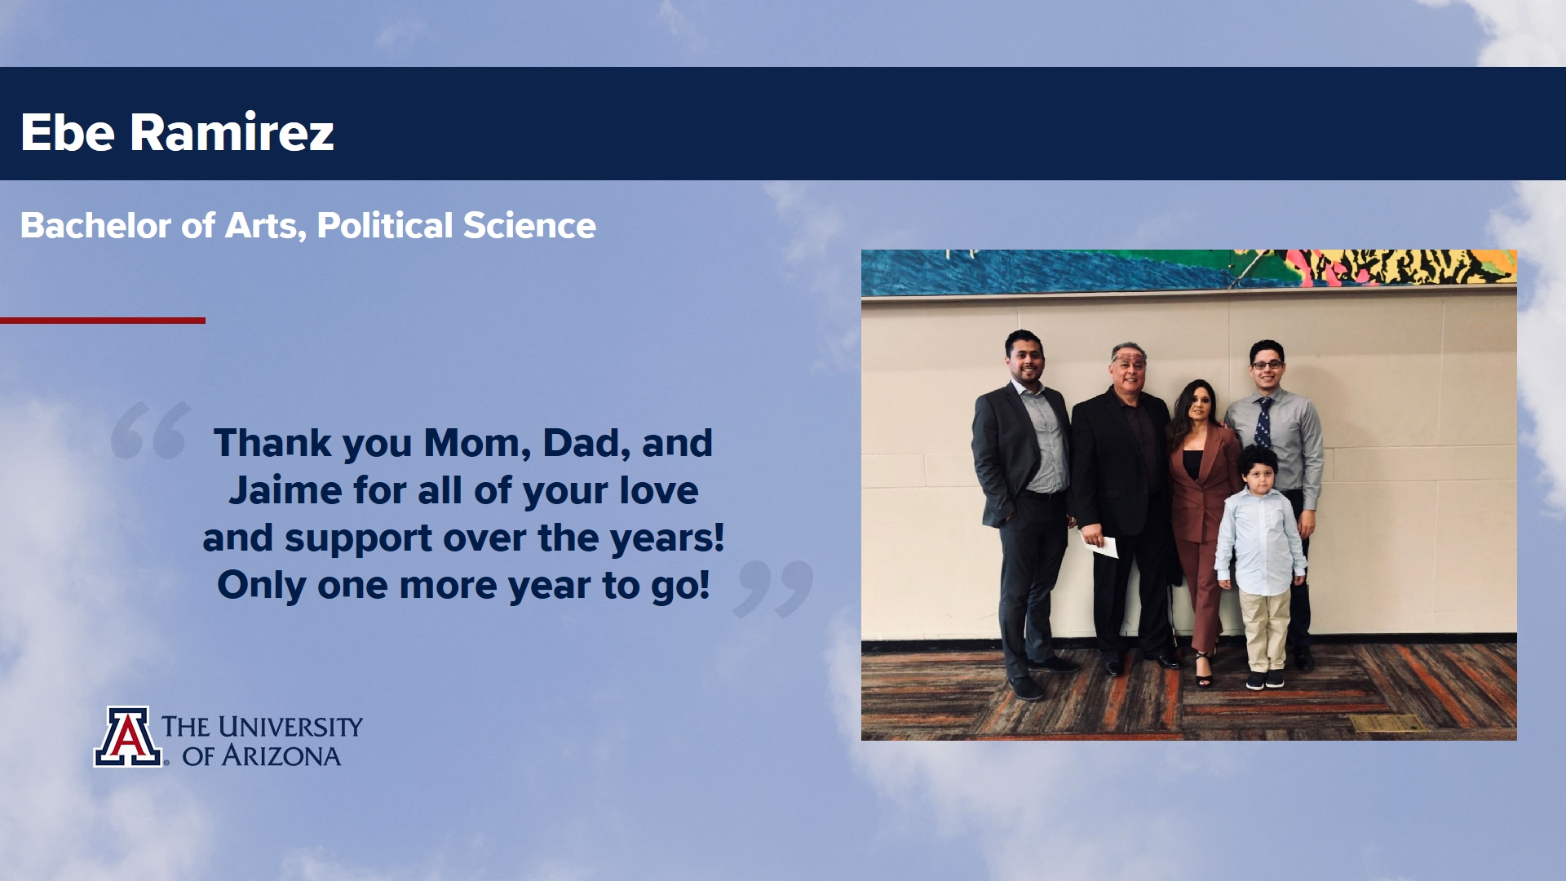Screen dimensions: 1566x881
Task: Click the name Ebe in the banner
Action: click(x=68, y=132)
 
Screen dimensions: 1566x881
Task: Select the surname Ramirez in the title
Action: click(x=232, y=132)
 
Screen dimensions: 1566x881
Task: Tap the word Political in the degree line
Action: click(x=384, y=226)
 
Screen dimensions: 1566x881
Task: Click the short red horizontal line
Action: click(x=103, y=321)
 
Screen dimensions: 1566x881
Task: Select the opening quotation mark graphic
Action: click(x=151, y=430)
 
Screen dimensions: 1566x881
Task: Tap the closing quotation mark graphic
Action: click(x=773, y=588)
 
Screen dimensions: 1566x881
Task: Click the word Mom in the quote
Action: click(x=477, y=444)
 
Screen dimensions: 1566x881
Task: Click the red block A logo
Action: click(x=127, y=737)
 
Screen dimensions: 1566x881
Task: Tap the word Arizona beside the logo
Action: click(x=281, y=756)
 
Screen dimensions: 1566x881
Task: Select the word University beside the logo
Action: click(x=290, y=727)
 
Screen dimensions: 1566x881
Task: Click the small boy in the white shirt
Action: click(x=1261, y=566)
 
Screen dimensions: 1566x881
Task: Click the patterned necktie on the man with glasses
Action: click(x=1263, y=423)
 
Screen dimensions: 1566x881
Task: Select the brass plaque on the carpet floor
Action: click(x=1387, y=724)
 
